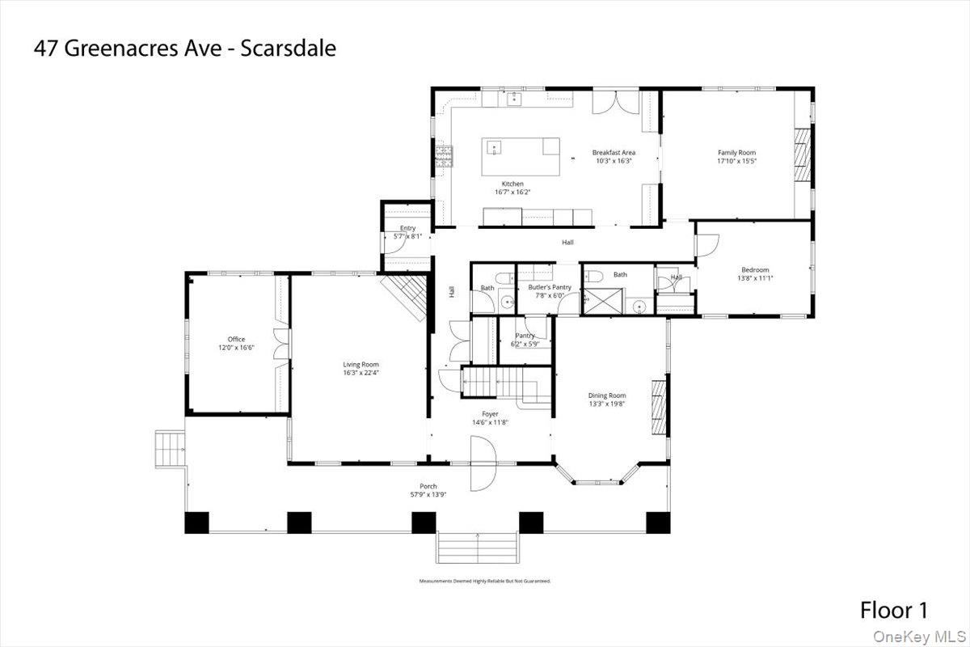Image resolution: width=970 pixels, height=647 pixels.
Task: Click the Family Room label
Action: (x=736, y=152)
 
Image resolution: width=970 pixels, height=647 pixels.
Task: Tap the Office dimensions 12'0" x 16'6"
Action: (x=236, y=347)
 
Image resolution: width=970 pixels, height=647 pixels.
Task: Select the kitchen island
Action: (x=521, y=157)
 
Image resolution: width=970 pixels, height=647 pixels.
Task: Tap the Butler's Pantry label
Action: (x=550, y=287)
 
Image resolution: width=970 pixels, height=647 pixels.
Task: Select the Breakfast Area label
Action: (x=613, y=152)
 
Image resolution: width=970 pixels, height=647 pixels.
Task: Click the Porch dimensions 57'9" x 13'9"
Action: (x=428, y=494)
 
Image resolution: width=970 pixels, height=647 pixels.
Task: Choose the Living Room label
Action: (x=361, y=365)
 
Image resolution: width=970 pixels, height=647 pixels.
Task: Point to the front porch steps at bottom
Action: (x=478, y=548)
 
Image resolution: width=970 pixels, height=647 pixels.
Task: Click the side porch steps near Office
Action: (x=170, y=449)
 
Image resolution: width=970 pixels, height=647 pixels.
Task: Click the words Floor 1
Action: (x=893, y=609)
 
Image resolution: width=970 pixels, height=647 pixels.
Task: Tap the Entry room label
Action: (x=407, y=228)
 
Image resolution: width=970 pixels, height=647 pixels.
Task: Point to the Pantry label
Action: (x=525, y=336)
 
